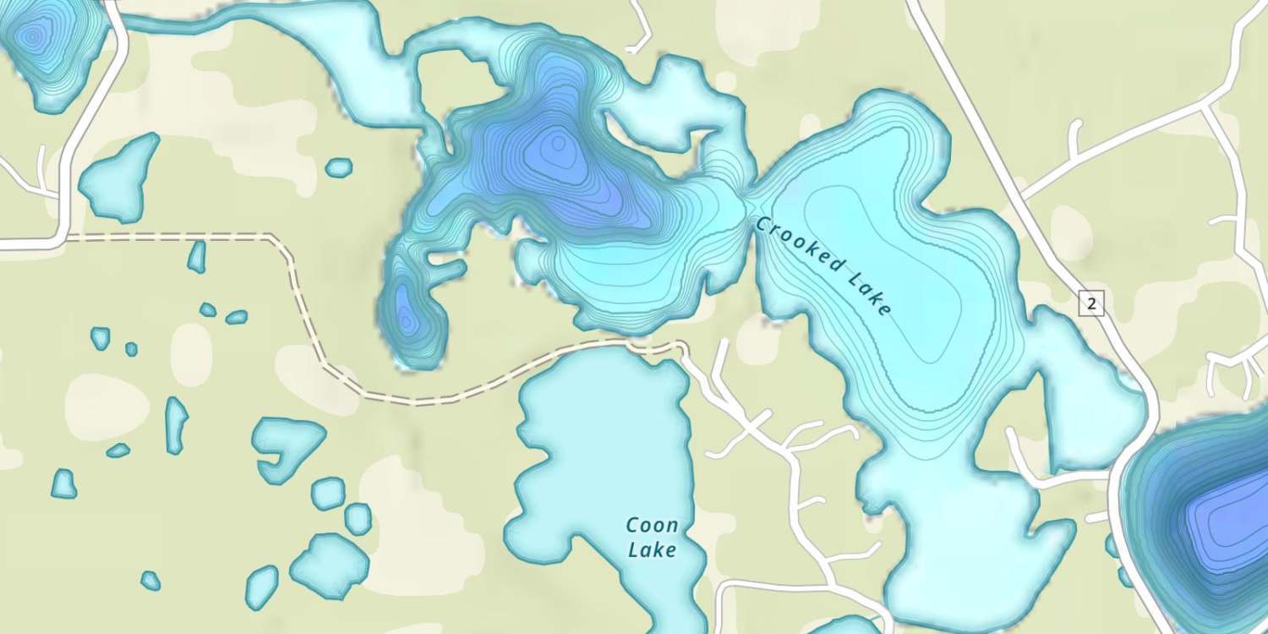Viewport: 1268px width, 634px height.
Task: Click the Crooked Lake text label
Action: coord(824,267)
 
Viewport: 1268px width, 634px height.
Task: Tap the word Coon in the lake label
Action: coord(651,526)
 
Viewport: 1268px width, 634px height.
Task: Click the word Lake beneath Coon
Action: coord(653,549)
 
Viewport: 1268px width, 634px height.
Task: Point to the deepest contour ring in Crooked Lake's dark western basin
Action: coord(555,145)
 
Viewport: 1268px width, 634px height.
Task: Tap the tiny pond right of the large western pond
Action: coord(338,167)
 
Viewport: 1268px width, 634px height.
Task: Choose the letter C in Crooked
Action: coord(762,226)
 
